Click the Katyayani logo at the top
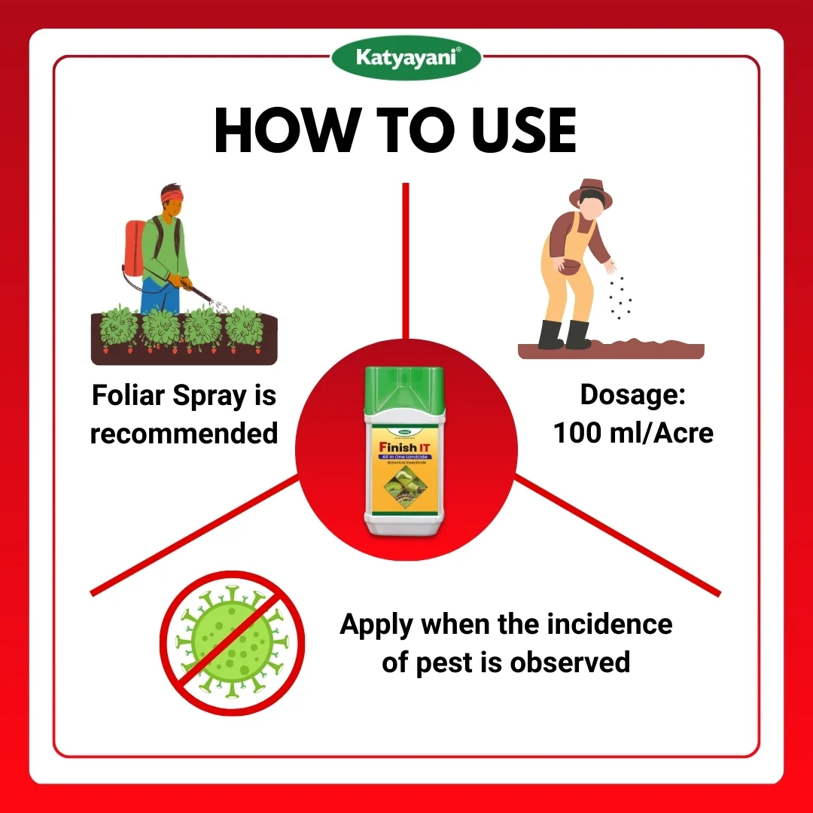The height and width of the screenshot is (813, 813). tap(406, 56)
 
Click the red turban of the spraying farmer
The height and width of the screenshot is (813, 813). tap(172, 196)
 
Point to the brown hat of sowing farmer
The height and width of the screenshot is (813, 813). tap(590, 193)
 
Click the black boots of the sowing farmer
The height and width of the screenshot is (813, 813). tap(565, 334)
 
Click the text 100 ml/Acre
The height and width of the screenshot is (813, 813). tap(633, 433)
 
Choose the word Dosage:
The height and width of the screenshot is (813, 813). tap(632, 395)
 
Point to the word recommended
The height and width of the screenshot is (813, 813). tap(184, 434)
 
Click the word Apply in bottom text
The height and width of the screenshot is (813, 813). tap(376, 625)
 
